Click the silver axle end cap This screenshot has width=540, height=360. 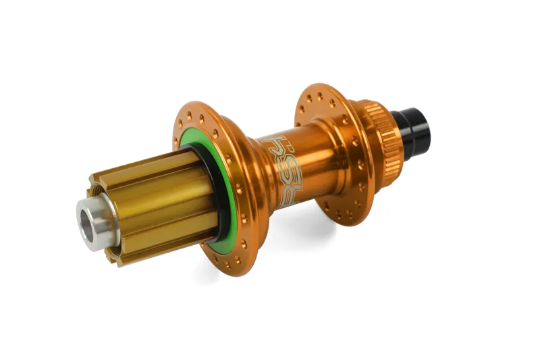click(x=94, y=223)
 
